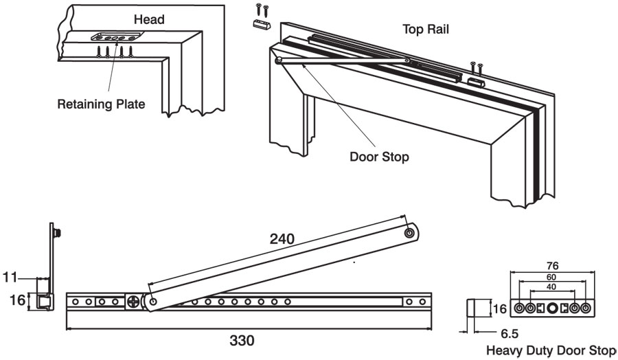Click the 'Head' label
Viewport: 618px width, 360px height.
tap(149, 20)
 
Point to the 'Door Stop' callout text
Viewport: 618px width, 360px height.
tap(379, 157)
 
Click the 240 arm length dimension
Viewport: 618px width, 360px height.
tap(282, 239)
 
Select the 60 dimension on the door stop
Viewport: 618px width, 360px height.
tap(551, 277)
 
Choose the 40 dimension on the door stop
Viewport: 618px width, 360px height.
tap(551, 286)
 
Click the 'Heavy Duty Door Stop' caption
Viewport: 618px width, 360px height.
tap(551, 350)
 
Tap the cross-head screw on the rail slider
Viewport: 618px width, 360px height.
tap(131, 302)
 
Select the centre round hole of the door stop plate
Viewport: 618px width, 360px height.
tap(552, 307)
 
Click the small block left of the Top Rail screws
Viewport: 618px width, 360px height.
tap(259, 25)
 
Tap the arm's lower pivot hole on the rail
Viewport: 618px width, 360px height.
tap(151, 301)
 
